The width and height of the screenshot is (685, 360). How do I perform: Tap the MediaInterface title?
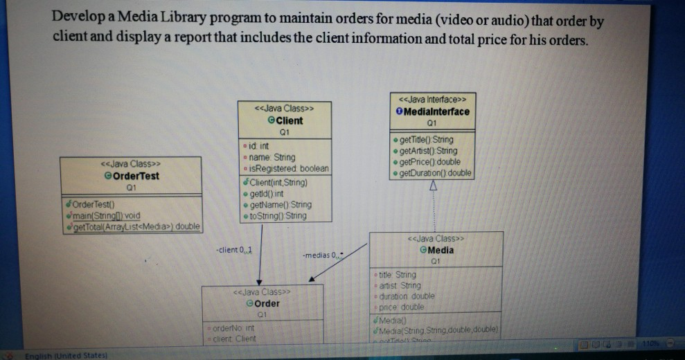click(435, 111)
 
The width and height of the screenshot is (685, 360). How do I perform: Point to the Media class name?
click(441, 250)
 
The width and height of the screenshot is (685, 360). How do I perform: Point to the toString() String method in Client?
click(280, 216)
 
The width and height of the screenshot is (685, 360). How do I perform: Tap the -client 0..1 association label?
click(234, 249)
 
